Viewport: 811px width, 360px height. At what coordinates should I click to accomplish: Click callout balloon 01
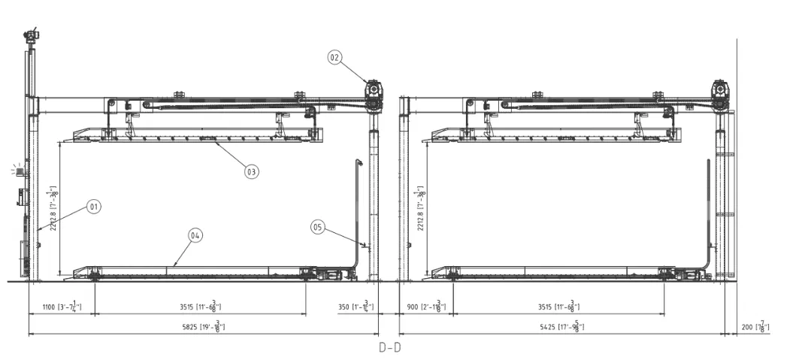coord(93,205)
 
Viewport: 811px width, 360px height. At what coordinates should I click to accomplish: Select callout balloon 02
coord(335,56)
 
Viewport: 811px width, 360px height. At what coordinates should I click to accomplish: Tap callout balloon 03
coord(251,171)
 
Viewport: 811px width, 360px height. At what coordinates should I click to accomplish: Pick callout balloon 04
coord(195,235)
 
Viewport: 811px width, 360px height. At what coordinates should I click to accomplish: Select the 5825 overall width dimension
coord(202,325)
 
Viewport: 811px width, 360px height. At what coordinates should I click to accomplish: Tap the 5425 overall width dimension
coord(561,325)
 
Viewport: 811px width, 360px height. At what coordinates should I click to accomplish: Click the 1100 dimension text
coord(62,306)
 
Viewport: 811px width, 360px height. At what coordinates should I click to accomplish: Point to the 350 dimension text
coord(356,306)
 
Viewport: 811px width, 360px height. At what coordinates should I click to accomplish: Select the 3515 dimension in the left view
coord(200,306)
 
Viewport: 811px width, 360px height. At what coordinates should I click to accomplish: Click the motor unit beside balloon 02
coord(372,91)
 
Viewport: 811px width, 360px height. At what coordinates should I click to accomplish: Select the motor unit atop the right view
coord(721,91)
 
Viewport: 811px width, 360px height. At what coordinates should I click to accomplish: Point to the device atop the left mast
coord(31,35)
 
